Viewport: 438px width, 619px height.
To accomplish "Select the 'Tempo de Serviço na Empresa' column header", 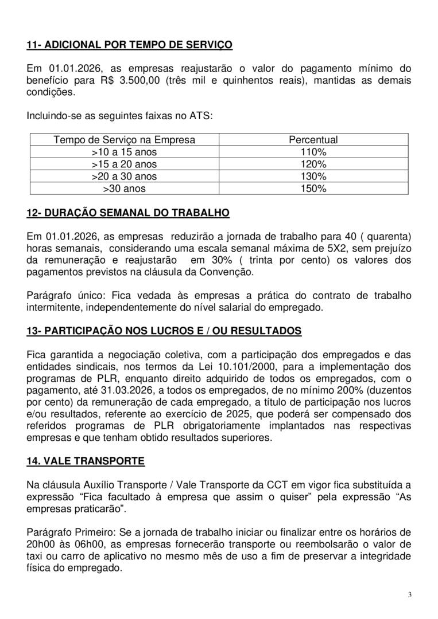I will point(124,140).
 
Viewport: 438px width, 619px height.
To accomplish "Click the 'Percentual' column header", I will point(313,140).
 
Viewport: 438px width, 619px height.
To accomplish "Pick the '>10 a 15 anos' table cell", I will point(124,152).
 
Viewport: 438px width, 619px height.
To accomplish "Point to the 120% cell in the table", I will point(313,164).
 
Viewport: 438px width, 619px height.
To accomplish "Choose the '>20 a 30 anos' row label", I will point(124,177).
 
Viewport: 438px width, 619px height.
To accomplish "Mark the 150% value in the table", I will point(313,189).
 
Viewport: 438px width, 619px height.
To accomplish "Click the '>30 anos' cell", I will point(124,189).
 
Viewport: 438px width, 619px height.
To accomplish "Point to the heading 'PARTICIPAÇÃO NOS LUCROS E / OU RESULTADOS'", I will point(164,332).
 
